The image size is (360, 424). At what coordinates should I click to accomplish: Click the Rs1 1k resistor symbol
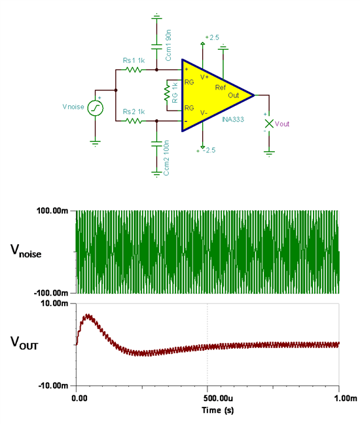coord(134,70)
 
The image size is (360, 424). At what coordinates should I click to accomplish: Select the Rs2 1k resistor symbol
coord(134,121)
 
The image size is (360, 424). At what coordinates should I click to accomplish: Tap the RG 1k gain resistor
coord(167,93)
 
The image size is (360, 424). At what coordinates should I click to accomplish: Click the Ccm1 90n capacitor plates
coord(156,46)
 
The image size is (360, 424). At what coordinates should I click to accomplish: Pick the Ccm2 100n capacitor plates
coord(156,143)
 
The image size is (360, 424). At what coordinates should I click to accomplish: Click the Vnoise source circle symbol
coord(95,108)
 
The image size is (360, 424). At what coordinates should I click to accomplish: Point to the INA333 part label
coord(233,119)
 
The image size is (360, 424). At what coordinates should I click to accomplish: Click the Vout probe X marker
coord(269,124)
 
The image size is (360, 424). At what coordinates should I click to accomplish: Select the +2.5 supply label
coord(212,37)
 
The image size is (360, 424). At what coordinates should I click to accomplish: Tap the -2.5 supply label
coord(209,150)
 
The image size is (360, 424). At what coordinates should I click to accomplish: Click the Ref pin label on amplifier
coord(220,87)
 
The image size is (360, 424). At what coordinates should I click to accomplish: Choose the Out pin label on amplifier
coord(233,95)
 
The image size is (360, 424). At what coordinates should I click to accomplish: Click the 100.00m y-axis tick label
coord(52,211)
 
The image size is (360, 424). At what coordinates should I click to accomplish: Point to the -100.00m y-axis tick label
coord(51,293)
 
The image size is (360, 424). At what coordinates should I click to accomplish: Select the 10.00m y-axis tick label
coord(54,304)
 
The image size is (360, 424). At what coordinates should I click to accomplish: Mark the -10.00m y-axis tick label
coord(53,385)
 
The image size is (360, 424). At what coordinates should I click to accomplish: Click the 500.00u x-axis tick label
coord(218,398)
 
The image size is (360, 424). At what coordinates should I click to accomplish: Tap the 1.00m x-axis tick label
coord(346,398)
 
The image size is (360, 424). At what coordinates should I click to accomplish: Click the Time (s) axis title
coord(218,410)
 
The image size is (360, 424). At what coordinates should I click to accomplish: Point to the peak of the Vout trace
coord(88,315)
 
